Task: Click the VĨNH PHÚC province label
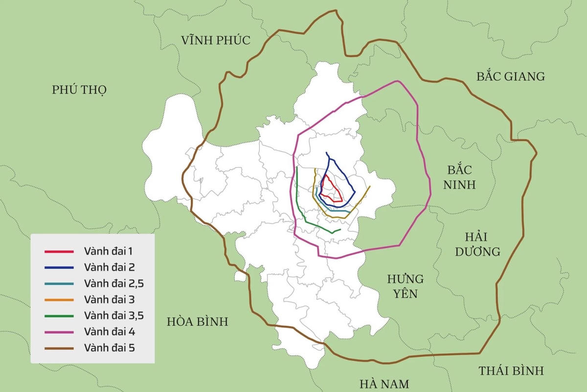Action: point(215,40)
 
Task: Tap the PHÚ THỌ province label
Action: point(79,90)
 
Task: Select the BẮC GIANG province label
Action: point(510,76)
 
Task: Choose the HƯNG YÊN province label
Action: point(405,286)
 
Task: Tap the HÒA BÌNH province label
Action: point(197,322)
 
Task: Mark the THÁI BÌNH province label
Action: point(511,370)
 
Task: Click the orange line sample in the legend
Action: point(59,300)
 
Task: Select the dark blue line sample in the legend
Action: point(59,268)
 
